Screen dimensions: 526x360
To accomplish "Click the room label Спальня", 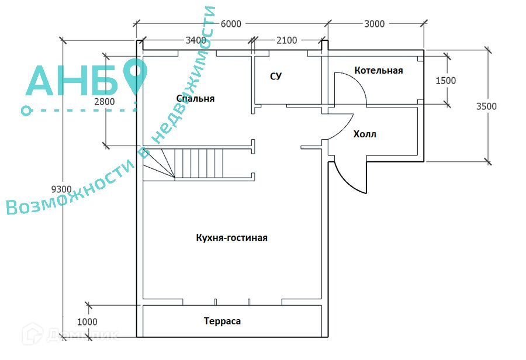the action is click(195, 98).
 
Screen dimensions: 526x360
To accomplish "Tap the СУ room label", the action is click(276, 77).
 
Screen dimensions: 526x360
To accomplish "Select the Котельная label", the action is click(379, 70).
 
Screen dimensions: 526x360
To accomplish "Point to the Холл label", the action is click(365, 134).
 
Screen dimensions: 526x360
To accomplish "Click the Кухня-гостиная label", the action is click(232, 237).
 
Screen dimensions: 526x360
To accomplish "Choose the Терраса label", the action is click(222, 321).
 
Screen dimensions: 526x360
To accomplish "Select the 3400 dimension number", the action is click(195, 40).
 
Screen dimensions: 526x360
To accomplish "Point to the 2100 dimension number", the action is click(286, 40).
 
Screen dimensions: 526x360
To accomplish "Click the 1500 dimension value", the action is click(446, 81).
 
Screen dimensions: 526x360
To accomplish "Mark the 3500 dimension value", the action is click(486, 106).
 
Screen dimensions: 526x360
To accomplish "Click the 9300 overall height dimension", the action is click(61, 189).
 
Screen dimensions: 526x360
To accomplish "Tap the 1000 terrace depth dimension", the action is click(86, 321).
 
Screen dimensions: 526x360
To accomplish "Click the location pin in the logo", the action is click(136, 75).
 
